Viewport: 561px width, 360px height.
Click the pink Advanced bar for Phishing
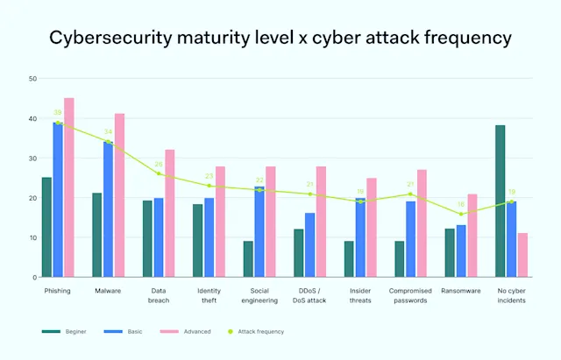pos(69,187)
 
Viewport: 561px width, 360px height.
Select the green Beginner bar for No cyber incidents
pos(501,201)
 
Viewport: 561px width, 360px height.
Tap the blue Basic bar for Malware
pos(108,209)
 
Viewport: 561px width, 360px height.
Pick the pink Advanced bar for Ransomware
pos(472,236)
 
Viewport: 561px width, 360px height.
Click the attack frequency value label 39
pos(57,112)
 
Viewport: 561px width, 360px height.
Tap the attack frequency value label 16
pos(461,204)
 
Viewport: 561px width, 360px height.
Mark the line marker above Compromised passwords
pos(410,194)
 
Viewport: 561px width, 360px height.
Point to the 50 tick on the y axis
pos(32,79)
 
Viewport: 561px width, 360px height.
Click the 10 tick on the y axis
pos(32,237)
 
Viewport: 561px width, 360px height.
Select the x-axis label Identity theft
pos(209,295)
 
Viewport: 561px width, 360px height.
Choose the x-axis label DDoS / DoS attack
pos(309,295)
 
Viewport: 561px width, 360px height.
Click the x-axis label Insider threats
pos(360,295)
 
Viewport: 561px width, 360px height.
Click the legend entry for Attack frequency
pos(264,332)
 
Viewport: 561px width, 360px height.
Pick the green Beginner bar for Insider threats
pos(349,259)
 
